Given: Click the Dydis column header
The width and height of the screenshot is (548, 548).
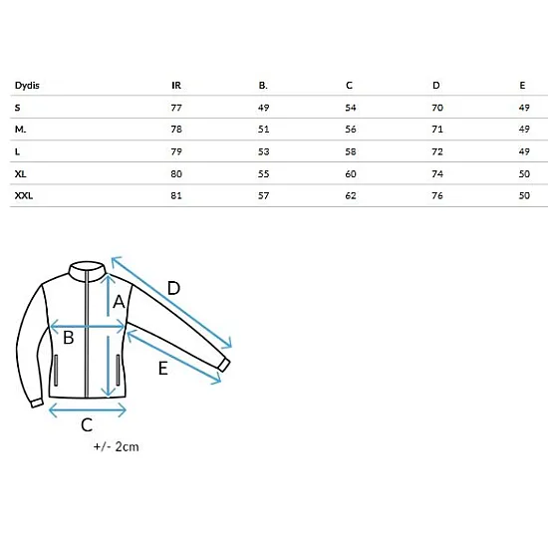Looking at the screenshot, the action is click(x=27, y=86).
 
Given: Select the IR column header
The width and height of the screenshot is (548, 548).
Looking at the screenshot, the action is click(x=176, y=86).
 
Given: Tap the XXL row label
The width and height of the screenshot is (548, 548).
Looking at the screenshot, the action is click(x=24, y=195).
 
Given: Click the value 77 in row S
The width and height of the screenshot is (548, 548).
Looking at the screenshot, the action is click(x=176, y=108).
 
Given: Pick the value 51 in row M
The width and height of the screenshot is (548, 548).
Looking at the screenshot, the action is click(x=263, y=130).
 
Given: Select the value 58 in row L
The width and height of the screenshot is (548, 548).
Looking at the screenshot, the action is click(x=351, y=151).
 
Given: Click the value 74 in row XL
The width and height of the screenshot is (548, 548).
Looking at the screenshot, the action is click(x=437, y=173).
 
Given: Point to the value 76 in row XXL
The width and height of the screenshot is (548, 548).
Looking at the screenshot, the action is click(x=437, y=195).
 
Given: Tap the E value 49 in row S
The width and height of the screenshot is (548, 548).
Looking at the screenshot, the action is click(x=524, y=108).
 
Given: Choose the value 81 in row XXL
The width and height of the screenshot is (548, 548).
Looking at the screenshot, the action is click(x=176, y=195).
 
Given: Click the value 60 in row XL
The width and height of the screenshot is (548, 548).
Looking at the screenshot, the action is click(x=351, y=173).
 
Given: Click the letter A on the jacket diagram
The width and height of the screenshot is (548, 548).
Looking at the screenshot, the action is click(x=119, y=302).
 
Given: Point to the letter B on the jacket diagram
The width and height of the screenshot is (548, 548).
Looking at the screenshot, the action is click(x=69, y=338).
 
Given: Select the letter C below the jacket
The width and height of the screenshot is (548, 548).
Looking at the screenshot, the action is click(x=87, y=425).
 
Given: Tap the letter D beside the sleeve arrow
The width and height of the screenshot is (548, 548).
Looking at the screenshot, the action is click(x=173, y=288).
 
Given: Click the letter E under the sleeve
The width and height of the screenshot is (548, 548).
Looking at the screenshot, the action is click(x=163, y=369).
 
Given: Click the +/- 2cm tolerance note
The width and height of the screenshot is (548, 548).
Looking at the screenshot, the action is click(x=116, y=446).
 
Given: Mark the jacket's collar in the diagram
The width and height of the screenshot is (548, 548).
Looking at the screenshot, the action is click(x=88, y=270).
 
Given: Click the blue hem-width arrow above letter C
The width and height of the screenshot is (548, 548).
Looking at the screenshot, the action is click(x=88, y=411).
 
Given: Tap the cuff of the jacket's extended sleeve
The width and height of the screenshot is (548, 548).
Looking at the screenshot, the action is click(x=224, y=365).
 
